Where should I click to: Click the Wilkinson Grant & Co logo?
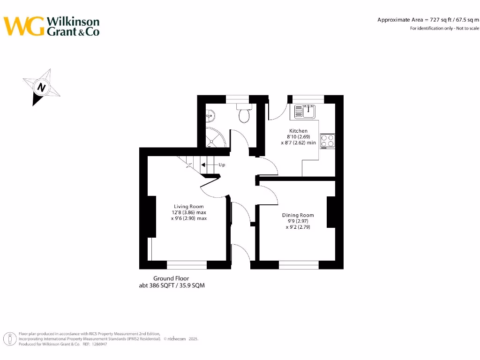52,26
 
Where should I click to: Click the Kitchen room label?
298,131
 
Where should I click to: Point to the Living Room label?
188,206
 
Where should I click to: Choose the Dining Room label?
298,215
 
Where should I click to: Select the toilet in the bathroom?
244,114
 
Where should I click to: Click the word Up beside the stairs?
222,165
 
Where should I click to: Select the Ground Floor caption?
171,278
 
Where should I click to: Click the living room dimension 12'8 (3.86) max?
188,212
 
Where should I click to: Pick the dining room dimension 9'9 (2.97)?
298,221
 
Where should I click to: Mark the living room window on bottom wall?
187,265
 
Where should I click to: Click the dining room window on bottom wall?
299,265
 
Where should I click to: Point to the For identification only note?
444,29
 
